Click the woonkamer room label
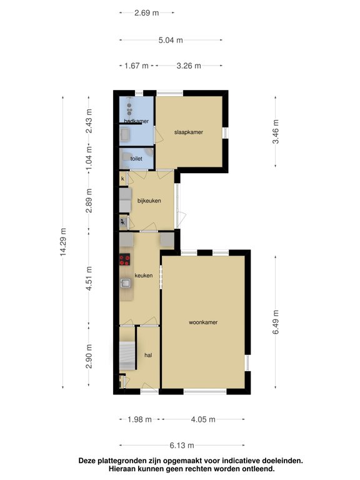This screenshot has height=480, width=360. (203, 323)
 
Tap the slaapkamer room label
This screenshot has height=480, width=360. (188, 132)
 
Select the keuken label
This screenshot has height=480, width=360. (144, 275)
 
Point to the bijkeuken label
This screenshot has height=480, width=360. (149, 201)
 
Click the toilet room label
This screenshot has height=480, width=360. (136, 159)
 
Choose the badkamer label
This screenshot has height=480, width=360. (136, 121)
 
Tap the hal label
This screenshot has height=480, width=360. (148, 355)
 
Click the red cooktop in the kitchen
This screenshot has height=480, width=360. (125, 261)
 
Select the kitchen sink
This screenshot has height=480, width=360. (126, 283)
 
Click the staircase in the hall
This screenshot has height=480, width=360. (127, 356)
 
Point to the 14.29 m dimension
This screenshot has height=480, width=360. (64, 244)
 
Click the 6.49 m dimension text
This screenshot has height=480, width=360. (276, 323)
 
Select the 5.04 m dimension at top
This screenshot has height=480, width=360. (171, 40)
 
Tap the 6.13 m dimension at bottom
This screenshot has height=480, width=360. (181, 445)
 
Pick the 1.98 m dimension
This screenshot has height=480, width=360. (139, 419)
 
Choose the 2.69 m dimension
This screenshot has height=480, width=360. (146, 12)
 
